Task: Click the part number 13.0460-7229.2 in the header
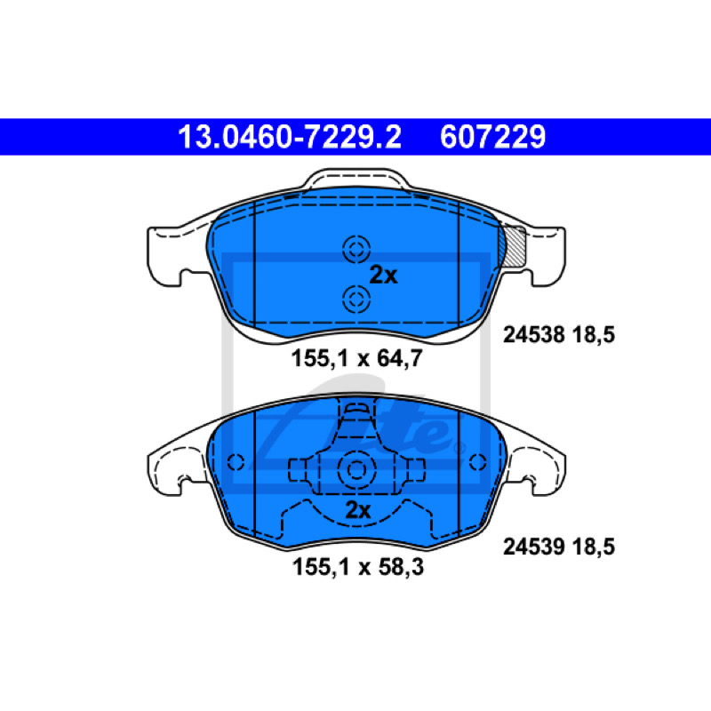290,137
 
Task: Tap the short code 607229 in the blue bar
493,137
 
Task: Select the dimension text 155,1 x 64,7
357,358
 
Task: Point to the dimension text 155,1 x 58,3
358,567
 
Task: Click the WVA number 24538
534,335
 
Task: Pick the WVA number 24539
534,547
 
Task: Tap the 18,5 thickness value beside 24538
594,335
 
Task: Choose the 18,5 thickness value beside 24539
594,547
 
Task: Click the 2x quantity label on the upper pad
383,275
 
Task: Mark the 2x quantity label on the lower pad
358,510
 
